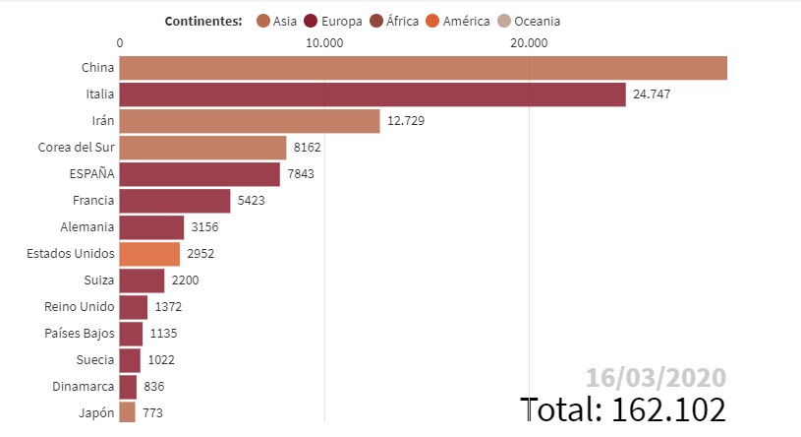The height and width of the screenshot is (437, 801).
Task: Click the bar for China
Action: click(x=423, y=68)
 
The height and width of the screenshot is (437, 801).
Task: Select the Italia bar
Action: click(x=372, y=94)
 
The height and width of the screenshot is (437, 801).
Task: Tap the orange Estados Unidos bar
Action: click(x=149, y=254)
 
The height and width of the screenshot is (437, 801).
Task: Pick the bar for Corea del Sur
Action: click(x=202, y=148)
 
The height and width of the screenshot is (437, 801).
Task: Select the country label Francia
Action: click(x=93, y=201)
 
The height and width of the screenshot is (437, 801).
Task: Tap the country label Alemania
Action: click(x=88, y=227)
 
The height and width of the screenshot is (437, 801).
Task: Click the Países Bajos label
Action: click(x=80, y=334)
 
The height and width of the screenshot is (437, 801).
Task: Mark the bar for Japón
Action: click(x=128, y=412)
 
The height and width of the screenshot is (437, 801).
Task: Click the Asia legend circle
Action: click(x=262, y=21)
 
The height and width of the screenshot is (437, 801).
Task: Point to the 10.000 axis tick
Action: click(x=324, y=42)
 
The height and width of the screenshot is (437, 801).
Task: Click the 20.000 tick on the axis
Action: click(x=530, y=42)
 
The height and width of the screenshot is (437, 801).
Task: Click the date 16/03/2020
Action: click(x=656, y=377)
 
